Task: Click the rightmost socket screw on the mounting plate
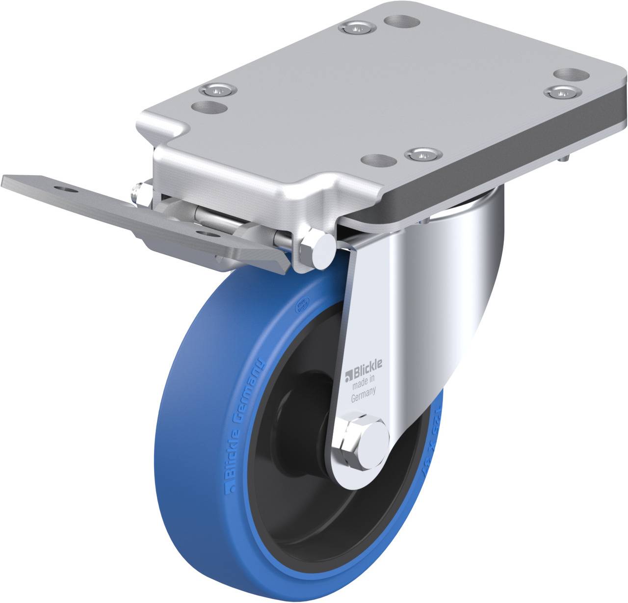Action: (561, 91)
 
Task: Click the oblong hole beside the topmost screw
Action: (401, 21)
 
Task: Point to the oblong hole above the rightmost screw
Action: (571, 75)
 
